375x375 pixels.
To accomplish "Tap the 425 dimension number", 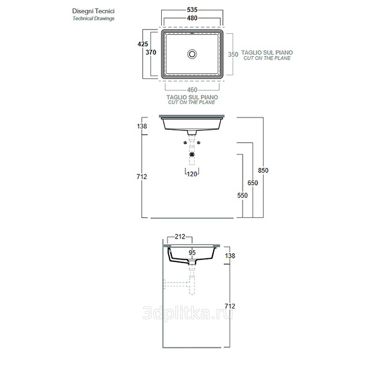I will [x=142, y=44].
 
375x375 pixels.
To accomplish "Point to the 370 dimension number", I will [x=151, y=52].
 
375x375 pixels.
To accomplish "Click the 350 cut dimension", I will [x=233, y=54].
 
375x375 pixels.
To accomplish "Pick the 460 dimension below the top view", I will [x=192, y=90].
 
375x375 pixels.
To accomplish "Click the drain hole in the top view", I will [x=192, y=53].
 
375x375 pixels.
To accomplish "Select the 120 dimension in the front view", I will [x=192, y=174].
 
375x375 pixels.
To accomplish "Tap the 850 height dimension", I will [x=263, y=170].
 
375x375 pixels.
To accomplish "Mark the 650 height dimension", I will [x=253, y=183].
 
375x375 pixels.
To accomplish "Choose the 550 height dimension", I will [x=242, y=195].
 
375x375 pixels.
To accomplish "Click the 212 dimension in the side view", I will [x=180, y=236].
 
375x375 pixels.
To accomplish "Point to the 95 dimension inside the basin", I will [x=192, y=252].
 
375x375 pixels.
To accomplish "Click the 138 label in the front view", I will [x=142, y=126].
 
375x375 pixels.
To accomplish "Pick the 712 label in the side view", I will [x=230, y=306].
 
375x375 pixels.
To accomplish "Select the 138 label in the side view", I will [x=230, y=255].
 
